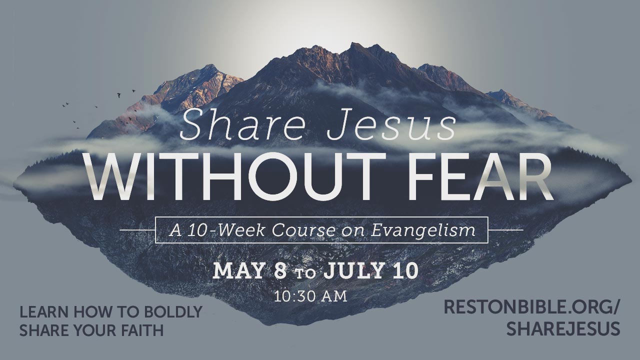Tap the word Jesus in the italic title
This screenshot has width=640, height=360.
coord(391,125)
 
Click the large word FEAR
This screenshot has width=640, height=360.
coord(480,176)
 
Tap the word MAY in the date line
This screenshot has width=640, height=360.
coord(238,270)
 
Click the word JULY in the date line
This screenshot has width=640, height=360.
coord(353,270)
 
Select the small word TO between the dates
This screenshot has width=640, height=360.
coord(305,273)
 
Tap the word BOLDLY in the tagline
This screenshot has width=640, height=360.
coord(173,312)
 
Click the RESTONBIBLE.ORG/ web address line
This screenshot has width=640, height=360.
coord(531,307)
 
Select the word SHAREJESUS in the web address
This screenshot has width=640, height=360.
coord(563,328)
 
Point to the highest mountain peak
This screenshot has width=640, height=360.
coord(355,43)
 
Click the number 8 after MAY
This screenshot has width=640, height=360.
coord(279,270)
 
